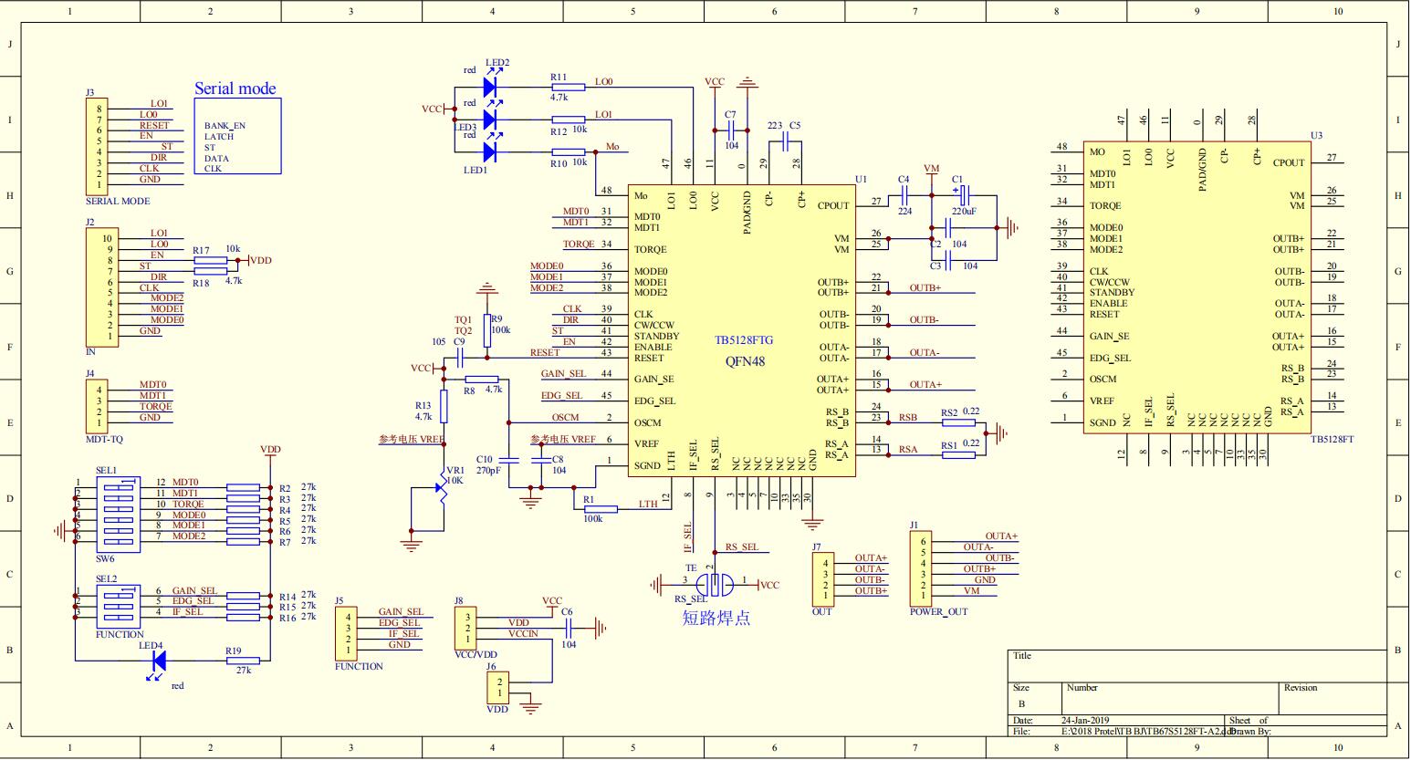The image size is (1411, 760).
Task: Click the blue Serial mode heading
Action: [x=235, y=88]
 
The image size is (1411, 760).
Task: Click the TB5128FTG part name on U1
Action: [x=744, y=340]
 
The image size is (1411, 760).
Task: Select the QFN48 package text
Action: [x=745, y=361]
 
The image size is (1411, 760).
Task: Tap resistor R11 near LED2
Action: [x=569, y=87]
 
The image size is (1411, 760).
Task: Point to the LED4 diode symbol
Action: [x=158, y=661]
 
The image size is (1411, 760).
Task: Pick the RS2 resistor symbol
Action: [x=957, y=422]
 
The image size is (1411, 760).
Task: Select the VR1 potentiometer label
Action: [x=454, y=471]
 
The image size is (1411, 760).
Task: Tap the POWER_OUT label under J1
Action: [x=938, y=612]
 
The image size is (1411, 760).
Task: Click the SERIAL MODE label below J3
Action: [x=118, y=201]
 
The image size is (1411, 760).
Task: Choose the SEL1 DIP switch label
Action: [x=106, y=471]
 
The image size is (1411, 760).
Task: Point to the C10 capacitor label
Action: [x=484, y=459]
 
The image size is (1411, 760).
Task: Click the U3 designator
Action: [x=1316, y=135]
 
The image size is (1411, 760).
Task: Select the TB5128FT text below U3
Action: [x=1332, y=440]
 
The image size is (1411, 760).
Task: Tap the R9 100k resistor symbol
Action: [x=486, y=323]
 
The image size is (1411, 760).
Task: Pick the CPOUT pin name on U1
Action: [x=833, y=206]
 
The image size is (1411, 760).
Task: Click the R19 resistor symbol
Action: [x=242, y=661]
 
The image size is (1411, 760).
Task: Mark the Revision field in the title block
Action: [x=1301, y=688]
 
